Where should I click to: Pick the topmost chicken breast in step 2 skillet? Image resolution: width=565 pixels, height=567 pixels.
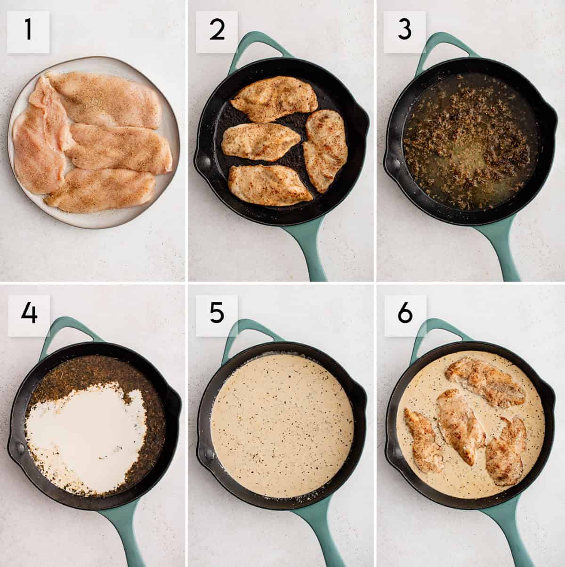tap(274, 98)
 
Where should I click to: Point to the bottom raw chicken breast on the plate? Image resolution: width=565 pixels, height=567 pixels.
tap(101, 191)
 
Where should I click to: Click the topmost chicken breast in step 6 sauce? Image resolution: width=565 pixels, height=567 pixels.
tap(485, 381)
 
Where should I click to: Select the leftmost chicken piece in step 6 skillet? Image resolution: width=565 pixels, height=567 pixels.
tap(424, 440)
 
